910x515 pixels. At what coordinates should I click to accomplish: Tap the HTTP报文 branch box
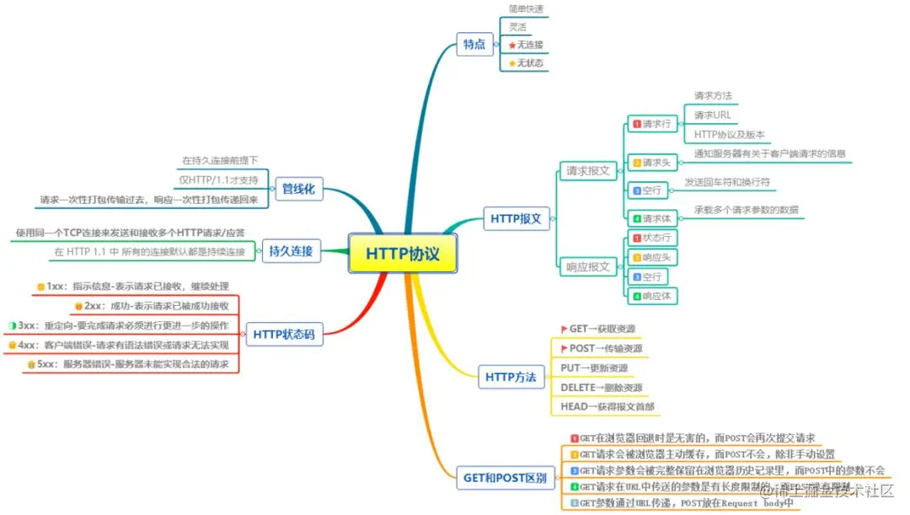[516, 220]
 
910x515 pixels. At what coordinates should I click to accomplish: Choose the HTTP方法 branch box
[511, 377]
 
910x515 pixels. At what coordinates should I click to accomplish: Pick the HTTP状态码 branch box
[283, 335]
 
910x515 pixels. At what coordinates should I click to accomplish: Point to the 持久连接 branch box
[291, 250]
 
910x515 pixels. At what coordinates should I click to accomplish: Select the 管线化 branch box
[297, 190]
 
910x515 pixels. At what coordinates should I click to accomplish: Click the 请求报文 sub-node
[587, 171]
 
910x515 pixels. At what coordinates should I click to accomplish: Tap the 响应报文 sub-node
[587, 267]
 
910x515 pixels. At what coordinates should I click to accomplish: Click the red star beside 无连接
[511, 45]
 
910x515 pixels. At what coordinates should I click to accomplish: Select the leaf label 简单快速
[526, 8]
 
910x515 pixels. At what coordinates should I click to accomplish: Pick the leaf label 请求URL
[712, 115]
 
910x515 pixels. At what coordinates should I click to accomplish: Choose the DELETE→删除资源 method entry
[601, 388]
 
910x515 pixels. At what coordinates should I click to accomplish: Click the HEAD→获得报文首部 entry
[607, 407]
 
